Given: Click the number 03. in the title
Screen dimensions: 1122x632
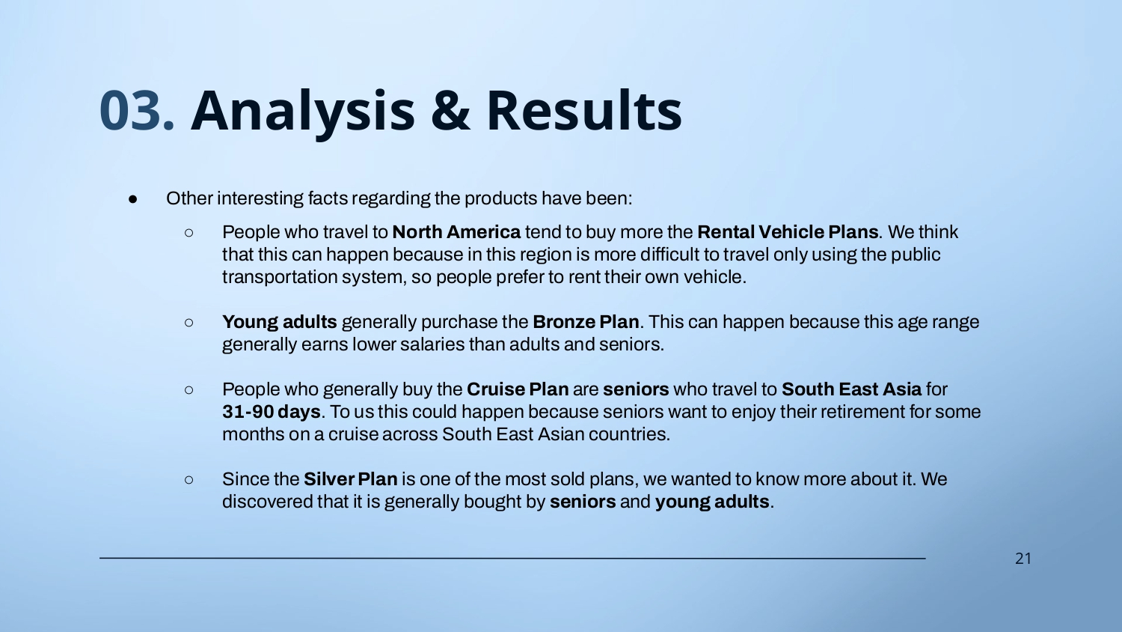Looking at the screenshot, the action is [x=137, y=110].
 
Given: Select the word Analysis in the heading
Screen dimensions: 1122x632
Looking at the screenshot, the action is [x=303, y=112].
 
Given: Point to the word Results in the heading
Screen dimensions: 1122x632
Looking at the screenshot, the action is [x=584, y=109].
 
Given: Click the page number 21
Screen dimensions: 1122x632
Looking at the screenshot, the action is [x=1023, y=559].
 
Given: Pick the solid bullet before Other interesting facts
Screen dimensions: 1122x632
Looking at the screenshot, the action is [x=132, y=199].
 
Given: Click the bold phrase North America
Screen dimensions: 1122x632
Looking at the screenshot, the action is [x=456, y=232].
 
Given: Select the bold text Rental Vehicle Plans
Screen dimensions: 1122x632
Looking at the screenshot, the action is [x=788, y=232].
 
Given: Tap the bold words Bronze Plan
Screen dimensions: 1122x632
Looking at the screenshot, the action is [x=586, y=322].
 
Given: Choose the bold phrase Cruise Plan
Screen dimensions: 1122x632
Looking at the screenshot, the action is [x=518, y=389].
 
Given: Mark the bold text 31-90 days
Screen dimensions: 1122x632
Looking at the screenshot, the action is [x=271, y=412].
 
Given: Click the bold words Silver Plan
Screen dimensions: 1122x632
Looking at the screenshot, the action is [x=350, y=479].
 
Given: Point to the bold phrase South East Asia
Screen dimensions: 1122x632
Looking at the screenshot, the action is [x=851, y=389].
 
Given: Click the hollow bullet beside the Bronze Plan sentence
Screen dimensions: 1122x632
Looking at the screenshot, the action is [x=188, y=323].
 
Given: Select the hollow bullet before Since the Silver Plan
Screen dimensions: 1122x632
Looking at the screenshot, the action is [x=188, y=480].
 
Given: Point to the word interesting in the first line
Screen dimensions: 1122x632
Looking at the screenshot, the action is [x=260, y=198].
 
